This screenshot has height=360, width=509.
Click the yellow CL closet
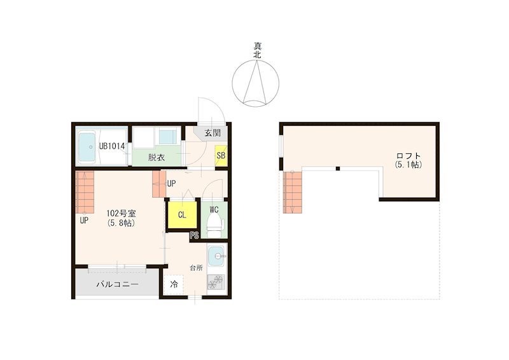(182, 215)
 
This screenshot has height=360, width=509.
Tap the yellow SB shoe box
(221, 155)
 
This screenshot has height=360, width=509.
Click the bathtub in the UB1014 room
(87, 148)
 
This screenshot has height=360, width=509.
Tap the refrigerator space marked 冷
(174, 285)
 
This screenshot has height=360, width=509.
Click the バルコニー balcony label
(118, 285)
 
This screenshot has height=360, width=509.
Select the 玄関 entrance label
(213, 133)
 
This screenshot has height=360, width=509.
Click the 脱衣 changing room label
(157, 158)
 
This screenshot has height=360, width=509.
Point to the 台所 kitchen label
(197, 268)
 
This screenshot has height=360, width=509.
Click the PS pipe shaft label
(195, 235)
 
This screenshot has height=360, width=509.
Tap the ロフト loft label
(408, 156)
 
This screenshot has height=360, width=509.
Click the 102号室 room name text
(122, 214)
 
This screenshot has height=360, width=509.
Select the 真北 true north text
(257, 51)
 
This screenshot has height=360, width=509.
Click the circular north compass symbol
(256, 83)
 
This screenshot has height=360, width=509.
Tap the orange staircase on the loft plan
(293, 192)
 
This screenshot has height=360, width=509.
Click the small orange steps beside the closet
(159, 184)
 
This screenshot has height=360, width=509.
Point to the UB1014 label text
(112, 146)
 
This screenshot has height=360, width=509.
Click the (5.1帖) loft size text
(408, 165)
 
